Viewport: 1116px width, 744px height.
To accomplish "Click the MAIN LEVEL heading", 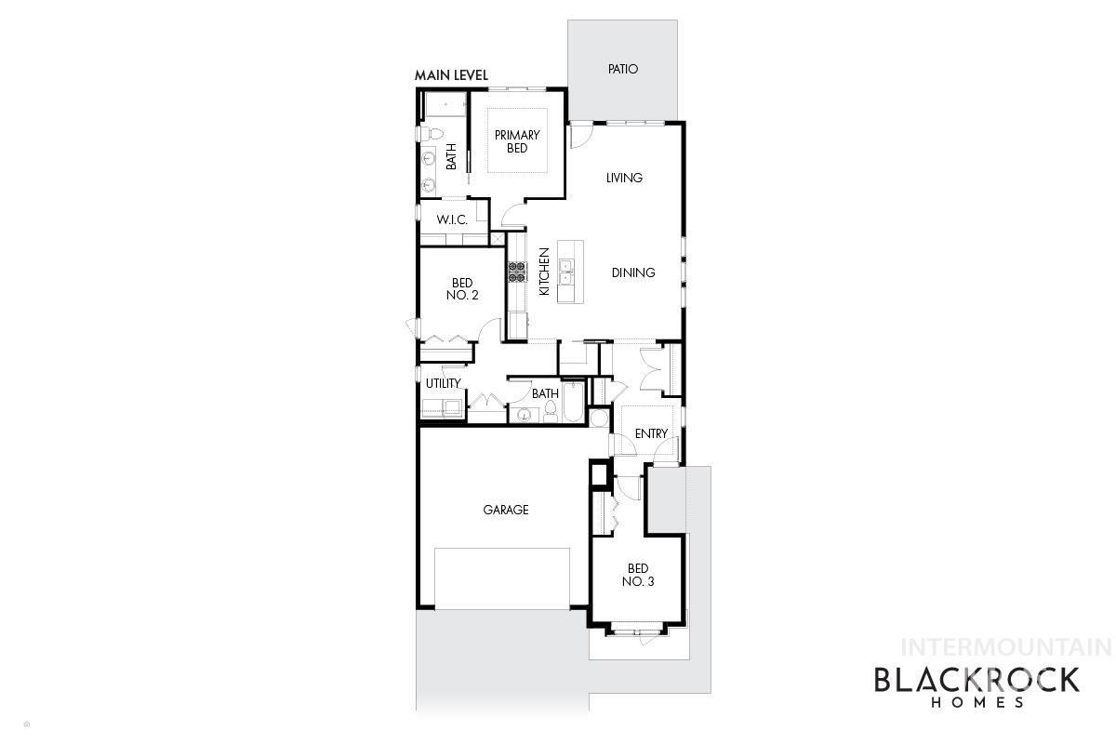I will point(451,75).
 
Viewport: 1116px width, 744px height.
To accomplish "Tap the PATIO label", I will point(623,69).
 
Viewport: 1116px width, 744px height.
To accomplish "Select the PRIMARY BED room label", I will point(517,141).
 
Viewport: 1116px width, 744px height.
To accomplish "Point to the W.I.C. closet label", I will point(452,220).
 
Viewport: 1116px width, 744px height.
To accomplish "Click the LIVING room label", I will point(624,178).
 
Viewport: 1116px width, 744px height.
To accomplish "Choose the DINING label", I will point(633,272).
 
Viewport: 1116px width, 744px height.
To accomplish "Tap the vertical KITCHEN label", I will point(544,272).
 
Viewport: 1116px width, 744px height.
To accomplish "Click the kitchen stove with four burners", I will point(516,272).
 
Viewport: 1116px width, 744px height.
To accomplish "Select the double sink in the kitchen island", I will point(565,272).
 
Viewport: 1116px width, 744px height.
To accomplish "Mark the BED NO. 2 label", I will point(462,289).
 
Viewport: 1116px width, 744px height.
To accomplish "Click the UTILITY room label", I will point(443,383).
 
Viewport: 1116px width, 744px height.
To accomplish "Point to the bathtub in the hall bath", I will point(573,405).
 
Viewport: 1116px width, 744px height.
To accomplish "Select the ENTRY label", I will point(651,433).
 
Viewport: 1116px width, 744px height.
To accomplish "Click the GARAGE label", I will point(505,510).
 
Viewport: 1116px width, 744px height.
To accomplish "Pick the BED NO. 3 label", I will point(638,575).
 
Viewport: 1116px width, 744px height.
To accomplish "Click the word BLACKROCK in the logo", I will point(976,680).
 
